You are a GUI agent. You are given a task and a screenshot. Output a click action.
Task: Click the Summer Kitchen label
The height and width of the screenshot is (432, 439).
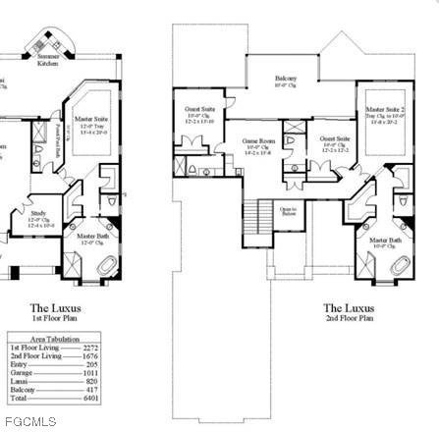tap(49, 62)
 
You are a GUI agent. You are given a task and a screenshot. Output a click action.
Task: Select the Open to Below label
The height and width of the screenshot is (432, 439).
tap(288, 209)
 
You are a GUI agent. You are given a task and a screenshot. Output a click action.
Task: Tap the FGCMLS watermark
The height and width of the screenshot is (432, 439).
tap(28, 422)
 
